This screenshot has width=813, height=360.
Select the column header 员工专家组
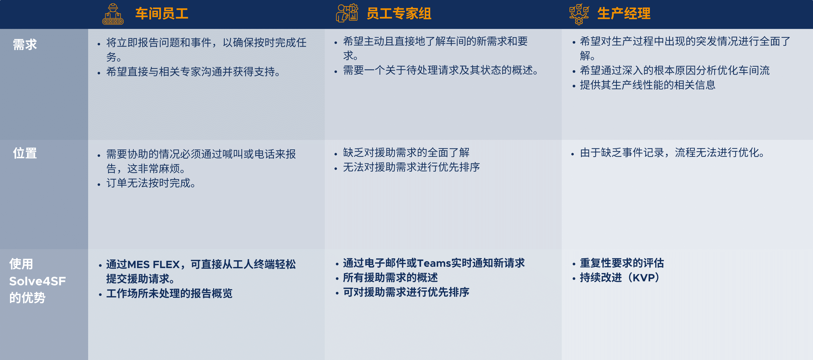pos(399,14)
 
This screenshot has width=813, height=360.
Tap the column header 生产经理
pos(624,14)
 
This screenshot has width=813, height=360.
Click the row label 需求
pos(25,44)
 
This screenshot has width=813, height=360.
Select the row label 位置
pos(25,153)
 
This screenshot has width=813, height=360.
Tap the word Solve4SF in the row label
pos(38,281)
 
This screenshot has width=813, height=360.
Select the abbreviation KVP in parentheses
pos(644,278)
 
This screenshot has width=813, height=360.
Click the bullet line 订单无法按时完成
pos(151,183)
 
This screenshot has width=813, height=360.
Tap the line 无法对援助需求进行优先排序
pos(411,167)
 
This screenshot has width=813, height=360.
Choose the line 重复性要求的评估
pos(622,263)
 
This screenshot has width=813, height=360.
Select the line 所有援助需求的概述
pos(390,278)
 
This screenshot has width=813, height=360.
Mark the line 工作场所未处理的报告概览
pos(169,293)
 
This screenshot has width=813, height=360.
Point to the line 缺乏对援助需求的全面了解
pos(406,153)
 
